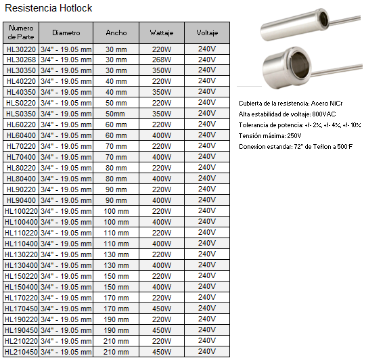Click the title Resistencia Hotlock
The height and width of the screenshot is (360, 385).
[47, 8]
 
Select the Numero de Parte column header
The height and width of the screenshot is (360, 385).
[20, 32]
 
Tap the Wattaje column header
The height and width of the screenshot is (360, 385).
[162, 32]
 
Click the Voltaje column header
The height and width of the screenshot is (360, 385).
[206, 32]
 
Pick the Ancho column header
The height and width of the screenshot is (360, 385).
[116, 32]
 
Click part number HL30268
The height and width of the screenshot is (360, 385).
[20, 60]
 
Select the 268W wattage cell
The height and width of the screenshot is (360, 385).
[162, 60]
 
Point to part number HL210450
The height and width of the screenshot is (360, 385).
[21, 352]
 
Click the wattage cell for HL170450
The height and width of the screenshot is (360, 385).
[162, 309]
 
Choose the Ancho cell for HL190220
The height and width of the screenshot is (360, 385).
[116, 319]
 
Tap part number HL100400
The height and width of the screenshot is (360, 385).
[21, 222]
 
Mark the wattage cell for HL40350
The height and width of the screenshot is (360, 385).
[162, 92]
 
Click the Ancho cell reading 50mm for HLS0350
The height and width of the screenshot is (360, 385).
[116, 114]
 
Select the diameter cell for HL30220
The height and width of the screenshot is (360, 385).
[66, 49]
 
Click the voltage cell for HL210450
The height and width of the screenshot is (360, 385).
[206, 352]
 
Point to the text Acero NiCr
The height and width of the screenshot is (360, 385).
[324, 104]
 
